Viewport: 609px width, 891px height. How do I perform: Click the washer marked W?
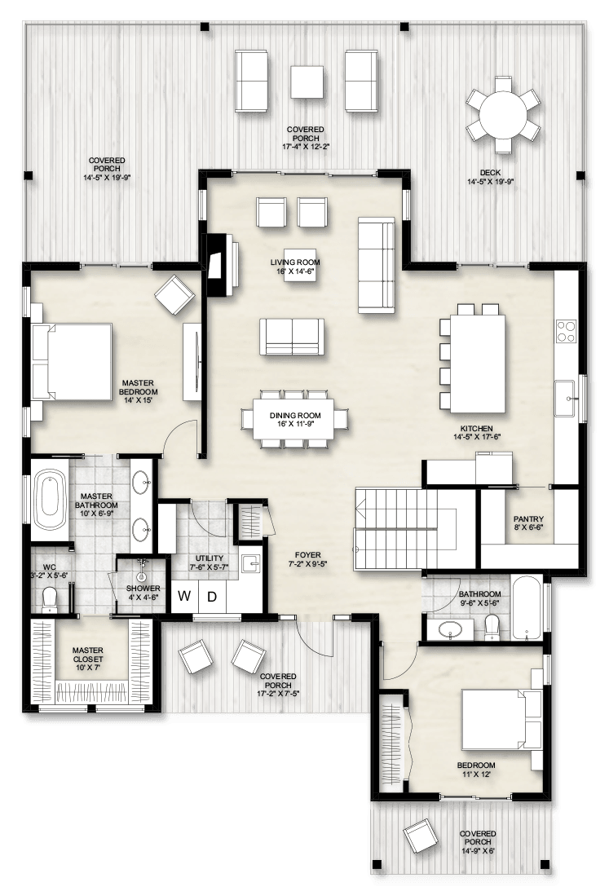[x=184, y=596]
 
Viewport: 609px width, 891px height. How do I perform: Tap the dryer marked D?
[x=212, y=596]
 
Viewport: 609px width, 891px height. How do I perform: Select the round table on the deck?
[x=503, y=114]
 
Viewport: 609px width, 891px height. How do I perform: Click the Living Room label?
[x=295, y=262]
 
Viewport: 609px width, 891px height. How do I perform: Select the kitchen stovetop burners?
[x=566, y=331]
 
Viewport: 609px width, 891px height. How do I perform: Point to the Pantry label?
[x=528, y=518]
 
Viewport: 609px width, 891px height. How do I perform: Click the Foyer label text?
[x=307, y=555]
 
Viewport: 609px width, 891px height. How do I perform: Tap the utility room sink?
[x=250, y=563]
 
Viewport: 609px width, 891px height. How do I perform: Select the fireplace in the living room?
[x=219, y=266]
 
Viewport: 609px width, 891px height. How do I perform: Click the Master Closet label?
[x=88, y=655]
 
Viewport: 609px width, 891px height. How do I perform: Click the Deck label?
[x=490, y=173]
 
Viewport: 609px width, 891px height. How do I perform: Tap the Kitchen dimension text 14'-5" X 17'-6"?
[x=477, y=437]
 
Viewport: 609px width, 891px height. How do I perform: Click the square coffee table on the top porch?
[x=307, y=82]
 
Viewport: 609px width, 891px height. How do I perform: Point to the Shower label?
[x=143, y=588]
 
